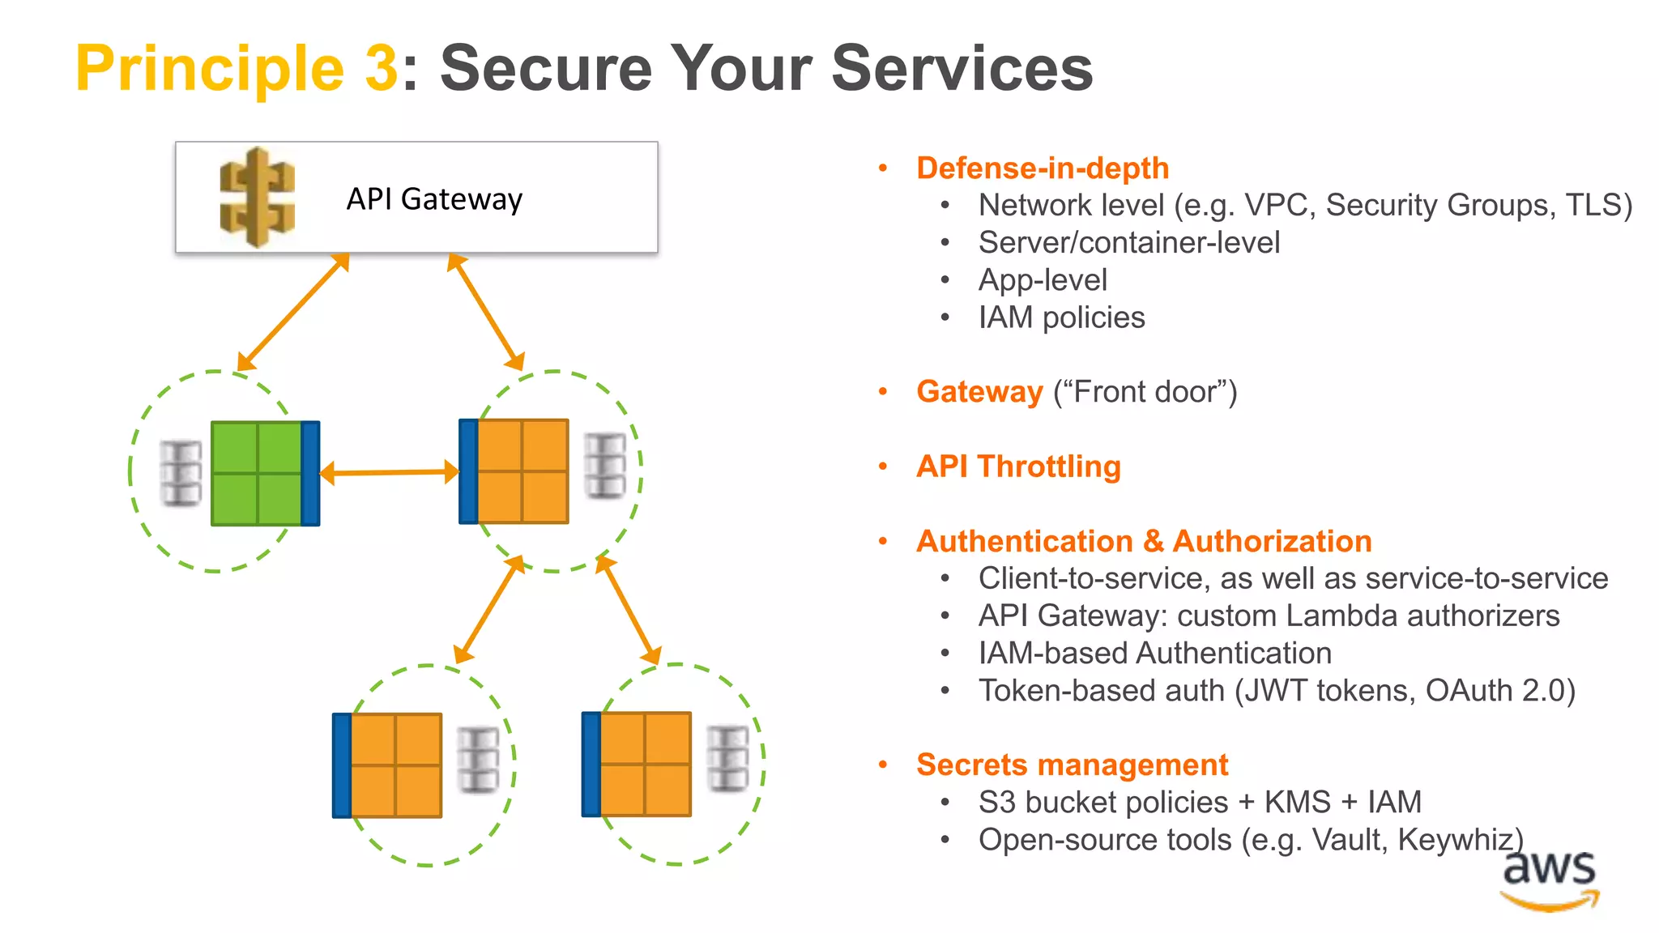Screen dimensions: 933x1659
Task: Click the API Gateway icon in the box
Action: [258, 198]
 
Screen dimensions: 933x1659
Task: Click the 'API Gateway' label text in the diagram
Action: [434, 199]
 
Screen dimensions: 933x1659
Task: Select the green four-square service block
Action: [257, 473]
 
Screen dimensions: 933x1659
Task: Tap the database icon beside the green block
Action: [181, 474]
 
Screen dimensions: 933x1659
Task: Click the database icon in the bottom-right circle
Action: [727, 759]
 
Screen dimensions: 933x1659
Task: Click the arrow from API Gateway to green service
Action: [293, 312]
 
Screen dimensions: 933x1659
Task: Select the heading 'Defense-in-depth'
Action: [1043, 168]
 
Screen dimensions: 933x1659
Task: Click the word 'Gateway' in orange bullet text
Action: [979, 392]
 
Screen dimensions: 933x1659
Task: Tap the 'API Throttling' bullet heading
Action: [1018, 466]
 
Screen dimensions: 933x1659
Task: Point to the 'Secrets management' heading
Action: [1072, 765]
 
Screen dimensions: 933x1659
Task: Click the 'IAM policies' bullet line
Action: [1061, 317]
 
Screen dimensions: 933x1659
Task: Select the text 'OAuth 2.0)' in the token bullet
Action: [1500, 691]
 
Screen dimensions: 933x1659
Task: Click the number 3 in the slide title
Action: [381, 68]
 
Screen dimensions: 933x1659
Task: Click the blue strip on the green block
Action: [310, 473]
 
